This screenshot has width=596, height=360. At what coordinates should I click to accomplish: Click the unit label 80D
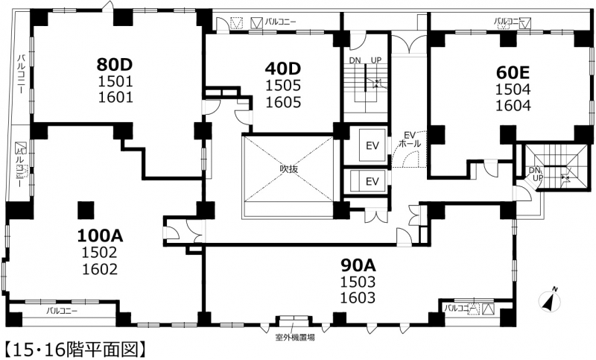pos(115,65)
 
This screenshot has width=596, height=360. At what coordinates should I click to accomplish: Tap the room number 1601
pos(115,98)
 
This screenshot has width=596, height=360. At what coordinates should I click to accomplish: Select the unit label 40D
pos(283,69)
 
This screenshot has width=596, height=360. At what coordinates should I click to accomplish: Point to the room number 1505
pos(283,86)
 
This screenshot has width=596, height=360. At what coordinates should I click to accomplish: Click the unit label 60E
pos(513,72)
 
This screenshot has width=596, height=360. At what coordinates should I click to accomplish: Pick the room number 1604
pos(513,105)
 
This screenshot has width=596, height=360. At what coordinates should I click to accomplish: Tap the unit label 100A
pos(100,236)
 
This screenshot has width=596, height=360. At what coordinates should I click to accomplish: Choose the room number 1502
pos(100,253)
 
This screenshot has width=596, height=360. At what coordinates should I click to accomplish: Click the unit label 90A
pos(358,265)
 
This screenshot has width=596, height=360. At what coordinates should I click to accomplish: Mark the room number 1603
pos(358,297)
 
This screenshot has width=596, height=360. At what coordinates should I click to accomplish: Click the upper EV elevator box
pos(372,145)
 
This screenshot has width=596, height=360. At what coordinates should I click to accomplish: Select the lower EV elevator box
pos(368,181)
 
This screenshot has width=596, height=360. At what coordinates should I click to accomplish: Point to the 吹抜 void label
pos(289,168)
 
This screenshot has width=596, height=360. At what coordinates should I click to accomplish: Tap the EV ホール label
pos(410,139)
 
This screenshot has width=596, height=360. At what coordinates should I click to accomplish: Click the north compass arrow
pos(550,300)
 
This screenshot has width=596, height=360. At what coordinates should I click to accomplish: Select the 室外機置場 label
pos(295,337)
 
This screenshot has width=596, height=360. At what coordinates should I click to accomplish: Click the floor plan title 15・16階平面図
pos(75,350)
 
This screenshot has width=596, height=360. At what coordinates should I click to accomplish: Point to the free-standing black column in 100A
pos(86,210)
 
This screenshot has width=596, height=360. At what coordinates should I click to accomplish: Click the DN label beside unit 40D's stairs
pos(355,60)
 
